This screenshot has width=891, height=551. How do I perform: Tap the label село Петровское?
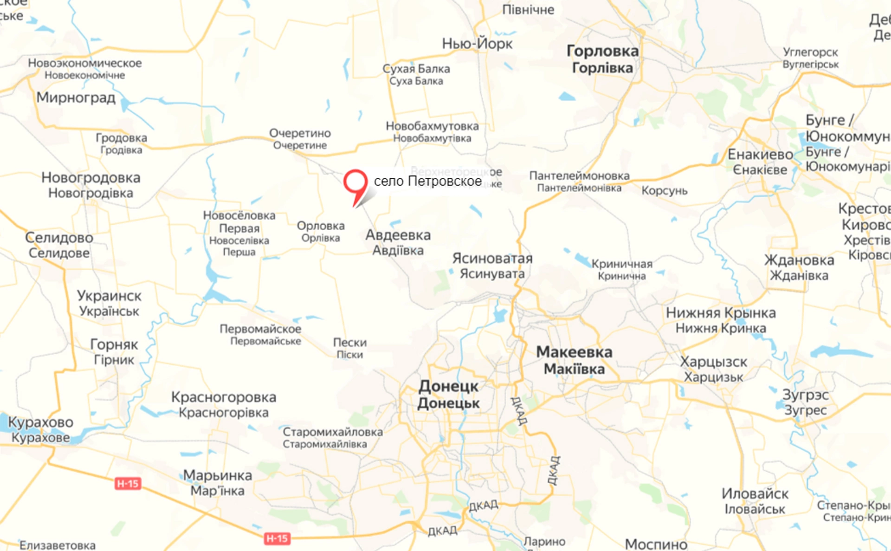tap(427, 181)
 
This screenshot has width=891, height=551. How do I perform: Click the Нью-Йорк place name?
tap(477, 44)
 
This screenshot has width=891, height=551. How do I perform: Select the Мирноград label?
tap(76, 98)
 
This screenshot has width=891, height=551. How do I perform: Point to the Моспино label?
tap(656, 544)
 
